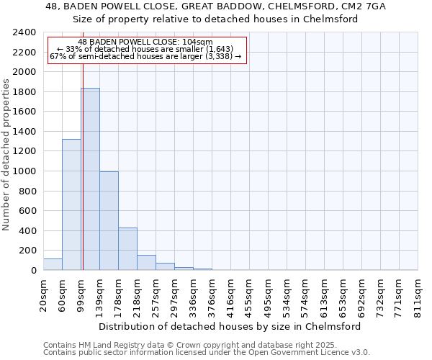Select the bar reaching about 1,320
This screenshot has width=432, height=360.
point(71,204)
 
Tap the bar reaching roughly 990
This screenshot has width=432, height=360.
point(109,221)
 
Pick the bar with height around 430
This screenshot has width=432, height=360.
point(127,248)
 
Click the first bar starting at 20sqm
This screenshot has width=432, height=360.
point(53,264)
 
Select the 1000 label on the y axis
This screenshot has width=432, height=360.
point(24,171)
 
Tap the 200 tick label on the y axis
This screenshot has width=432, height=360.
point(27,251)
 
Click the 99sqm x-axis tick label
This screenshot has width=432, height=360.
point(81,292)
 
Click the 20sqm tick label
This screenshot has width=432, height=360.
point(44,292)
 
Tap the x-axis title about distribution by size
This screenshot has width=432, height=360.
point(230,326)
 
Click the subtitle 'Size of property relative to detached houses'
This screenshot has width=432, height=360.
point(215,19)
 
